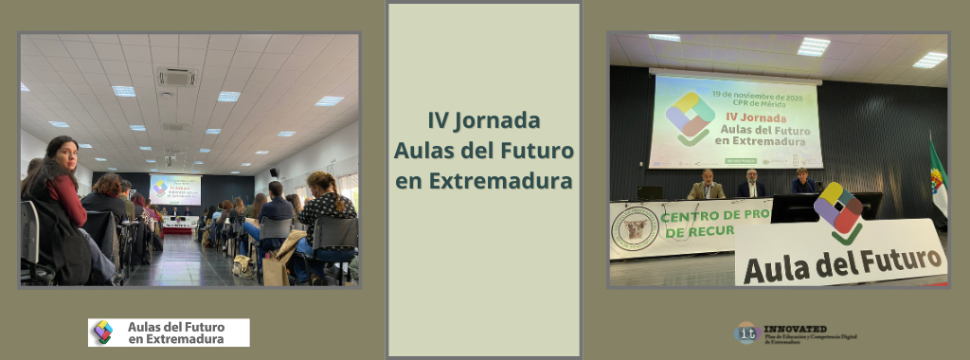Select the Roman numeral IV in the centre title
click(438, 121)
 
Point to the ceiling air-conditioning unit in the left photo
click(176, 76)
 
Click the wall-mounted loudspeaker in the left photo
click(274, 173)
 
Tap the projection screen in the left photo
click(174, 189)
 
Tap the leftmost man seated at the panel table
click(707, 186)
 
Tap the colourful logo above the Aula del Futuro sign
click(838, 210)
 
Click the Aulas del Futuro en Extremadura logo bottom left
click(169, 333)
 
